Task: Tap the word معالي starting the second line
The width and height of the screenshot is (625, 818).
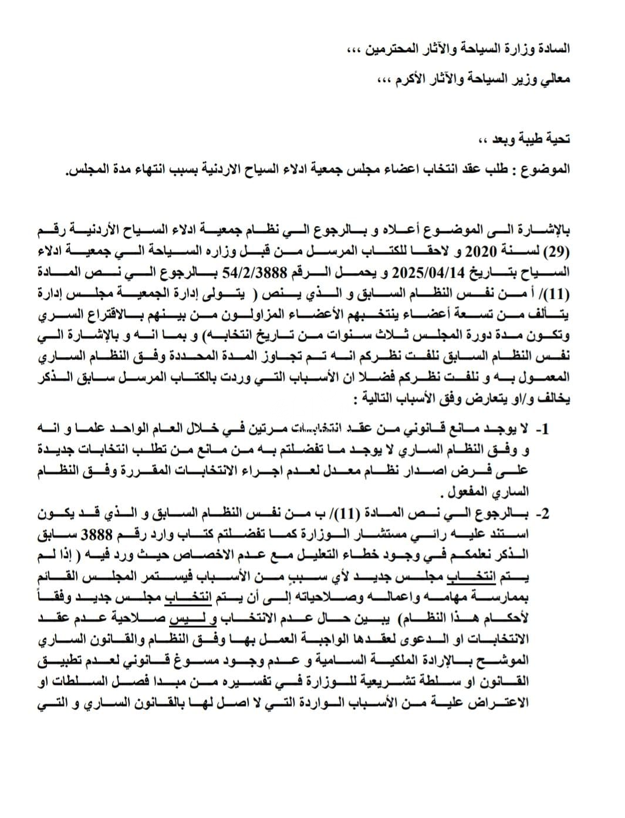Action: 553,78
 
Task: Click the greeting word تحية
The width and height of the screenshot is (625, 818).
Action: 556,139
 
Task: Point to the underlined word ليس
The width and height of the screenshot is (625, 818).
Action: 183,621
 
